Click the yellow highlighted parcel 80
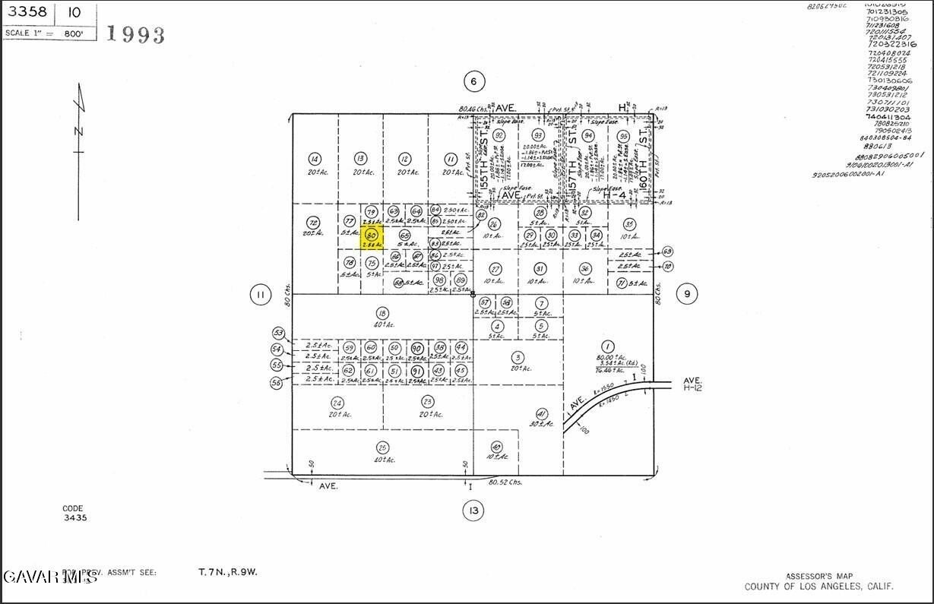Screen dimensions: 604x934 pyautogui.click(x=372, y=236)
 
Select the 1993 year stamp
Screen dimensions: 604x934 pyautogui.click(x=135, y=34)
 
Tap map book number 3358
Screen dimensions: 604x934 pyautogui.click(x=23, y=13)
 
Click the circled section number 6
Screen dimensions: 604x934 pyautogui.click(x=473, y=82)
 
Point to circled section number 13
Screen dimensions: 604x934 pyautogui.click(x=473, y=511)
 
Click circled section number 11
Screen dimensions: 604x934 pyautogui.click(x=261, y=295)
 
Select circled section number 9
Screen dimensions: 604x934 pyautogui.click(x=686, y=294)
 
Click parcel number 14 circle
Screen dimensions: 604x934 pyautogui.click(x=315, y=159)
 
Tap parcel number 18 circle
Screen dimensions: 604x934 pyautogui.click(x=382, y=312)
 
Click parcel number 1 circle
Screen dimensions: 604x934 pyautogui.click(x=607, y=346)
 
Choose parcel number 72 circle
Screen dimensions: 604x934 pyautogui.click(x=313, y=223)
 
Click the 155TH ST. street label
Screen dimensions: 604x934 pyautogui.click(x=483, y=160)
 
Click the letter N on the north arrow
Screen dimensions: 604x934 pyautogui.click(x=78, y=131)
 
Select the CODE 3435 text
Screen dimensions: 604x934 pyautogui.click(x=74, y=513)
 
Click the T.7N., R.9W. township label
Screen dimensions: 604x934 pyautogui.click(x=227, y=572)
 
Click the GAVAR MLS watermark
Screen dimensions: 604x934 pyautogui.click(x=50, y=577)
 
